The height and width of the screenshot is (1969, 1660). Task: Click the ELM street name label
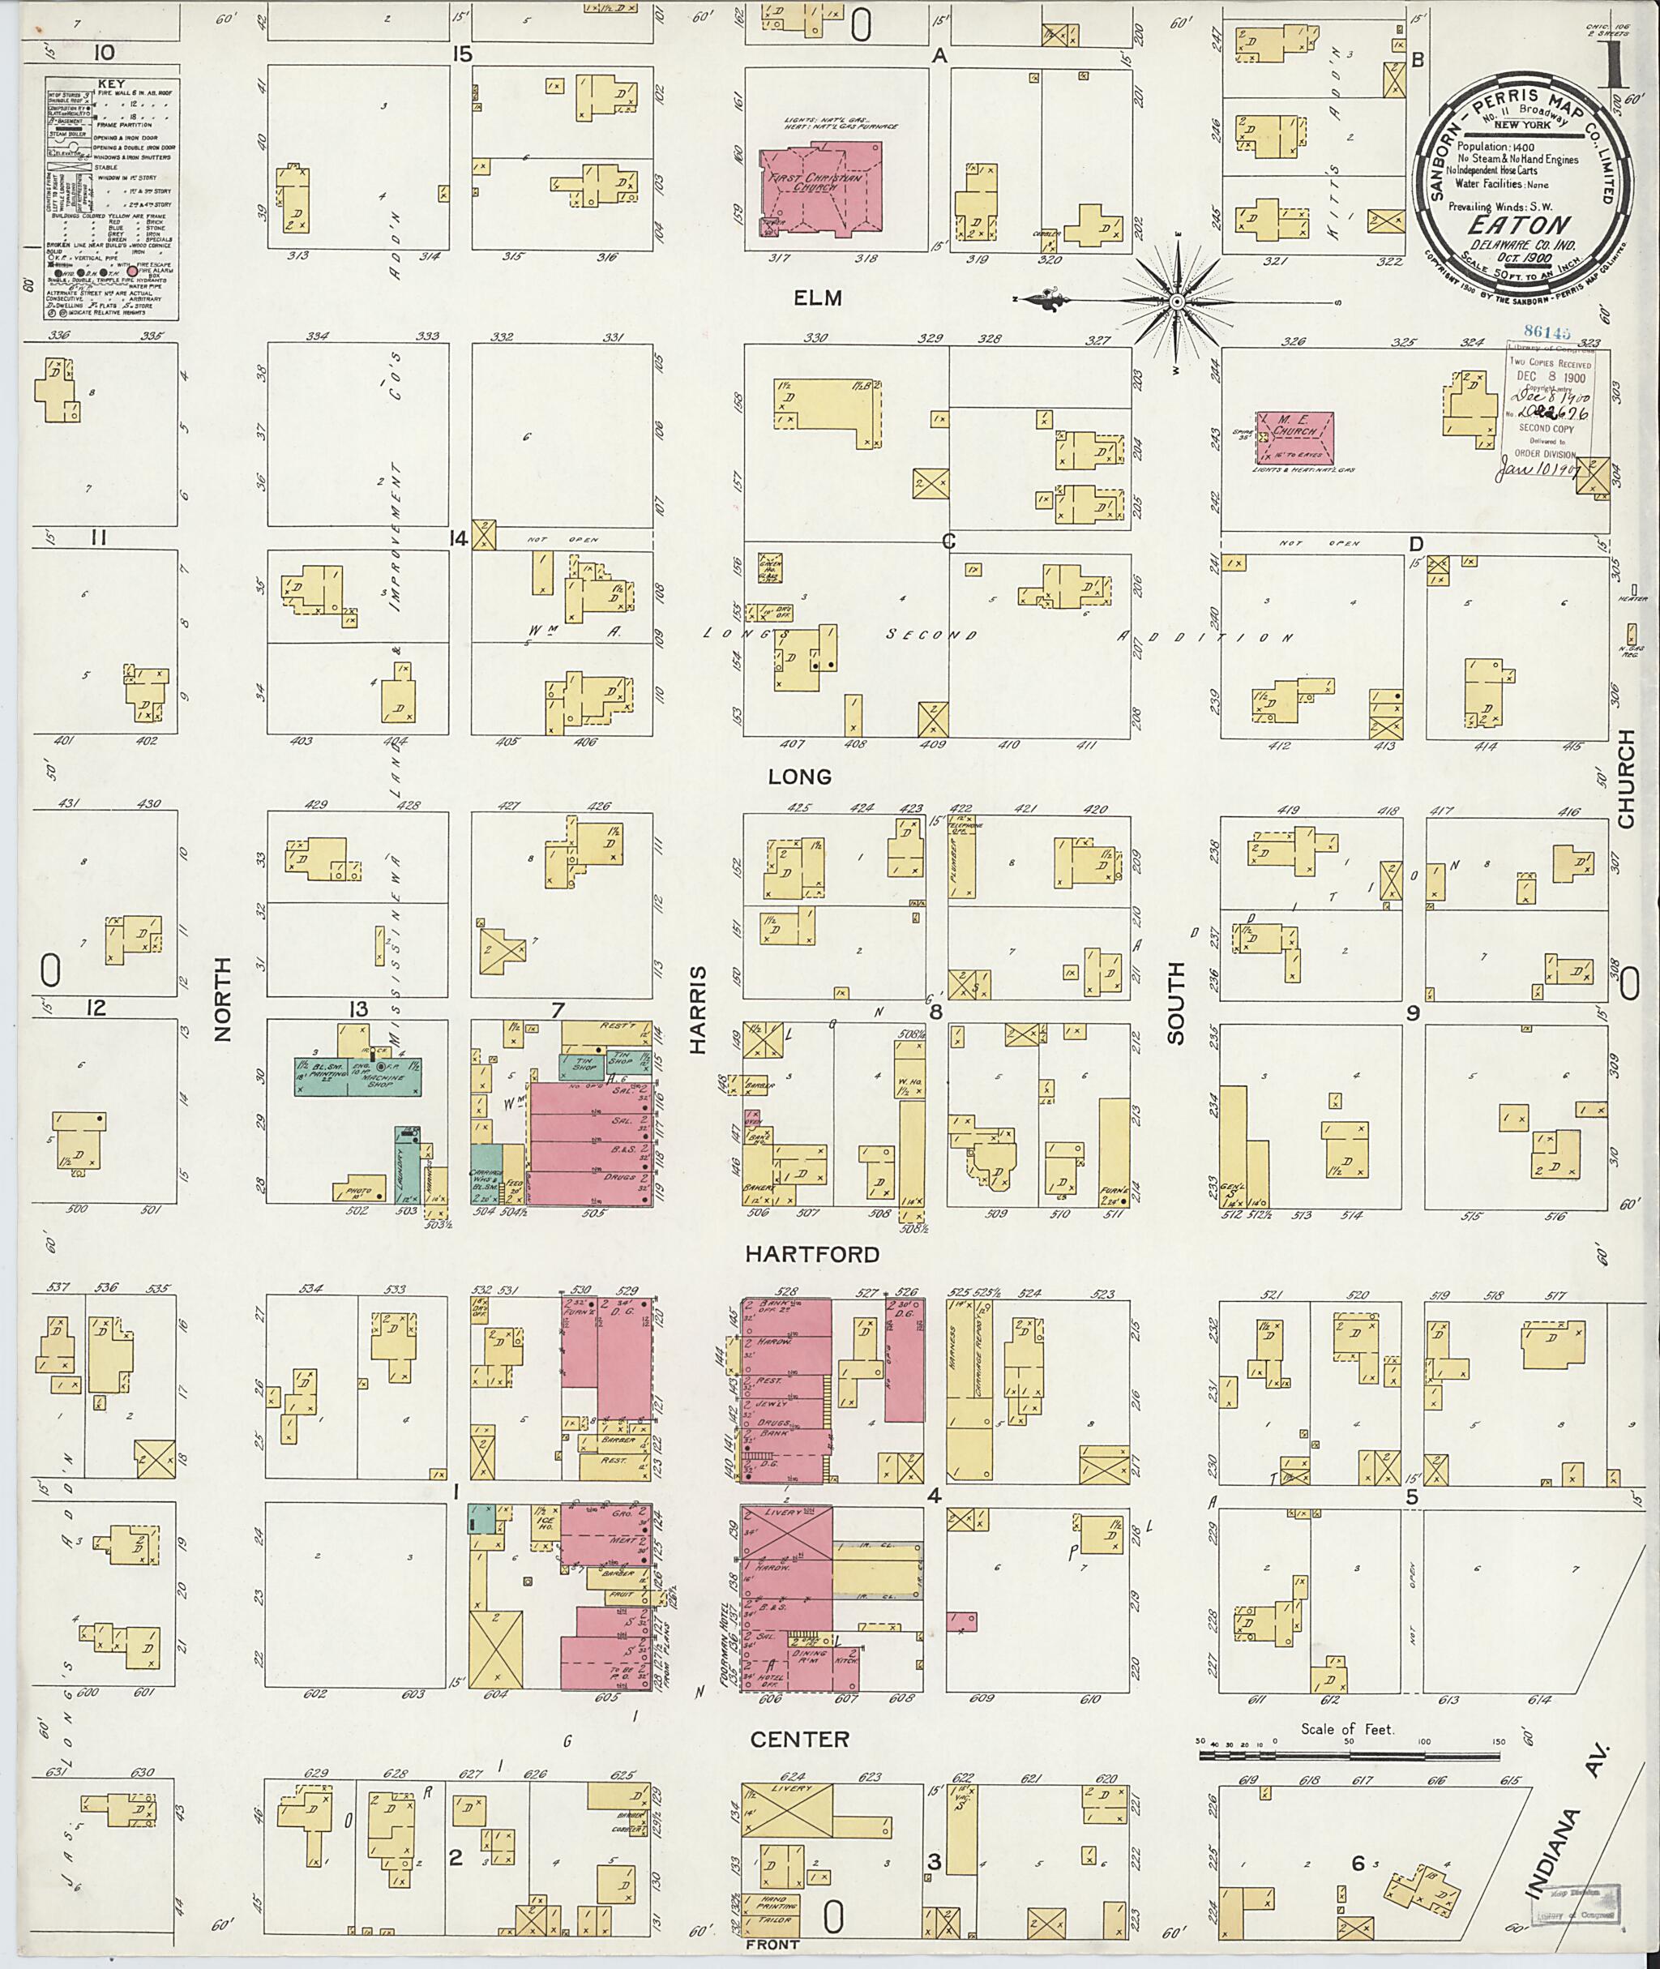[x=817, y=298]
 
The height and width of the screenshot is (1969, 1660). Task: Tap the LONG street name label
[x=800, y=777]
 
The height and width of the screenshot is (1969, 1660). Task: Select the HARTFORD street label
[x=812, y=1255]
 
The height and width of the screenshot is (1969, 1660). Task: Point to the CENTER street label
[x=800, y=1740]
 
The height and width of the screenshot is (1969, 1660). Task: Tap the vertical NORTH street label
[x=222, y=999]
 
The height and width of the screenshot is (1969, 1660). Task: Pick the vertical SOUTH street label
[x=1175, y=1003]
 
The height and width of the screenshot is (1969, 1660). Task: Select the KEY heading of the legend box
[x=111, y=83]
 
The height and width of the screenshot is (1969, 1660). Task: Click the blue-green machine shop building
[x=357, y=1075]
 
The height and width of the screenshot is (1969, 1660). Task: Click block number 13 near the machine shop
[x=357, y=1010]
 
